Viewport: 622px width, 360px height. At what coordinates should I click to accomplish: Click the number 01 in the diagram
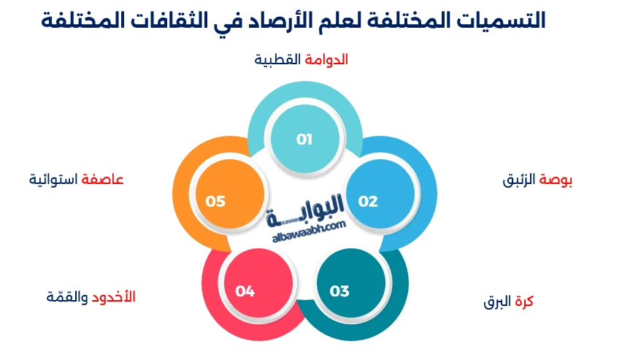tap(304, 139)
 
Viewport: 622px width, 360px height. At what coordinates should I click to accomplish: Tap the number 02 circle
tap(368, 202)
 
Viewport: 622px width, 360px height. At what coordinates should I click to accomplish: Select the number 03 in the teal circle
tap(339, 291)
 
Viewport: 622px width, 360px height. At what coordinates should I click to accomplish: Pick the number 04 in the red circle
tap(245, 291)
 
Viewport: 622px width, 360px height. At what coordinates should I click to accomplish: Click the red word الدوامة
tap(326, 60)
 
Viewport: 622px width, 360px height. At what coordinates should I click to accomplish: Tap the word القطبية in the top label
tap(278, 60)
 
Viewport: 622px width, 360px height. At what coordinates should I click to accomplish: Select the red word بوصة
tap(556, 180)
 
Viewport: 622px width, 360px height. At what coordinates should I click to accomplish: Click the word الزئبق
tap(519, 180)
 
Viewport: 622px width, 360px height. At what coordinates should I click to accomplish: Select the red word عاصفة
tap(103, 179)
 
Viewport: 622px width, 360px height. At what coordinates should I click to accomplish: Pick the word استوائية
tap(54, 179)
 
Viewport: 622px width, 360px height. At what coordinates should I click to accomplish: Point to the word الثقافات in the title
tap(166, 20)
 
